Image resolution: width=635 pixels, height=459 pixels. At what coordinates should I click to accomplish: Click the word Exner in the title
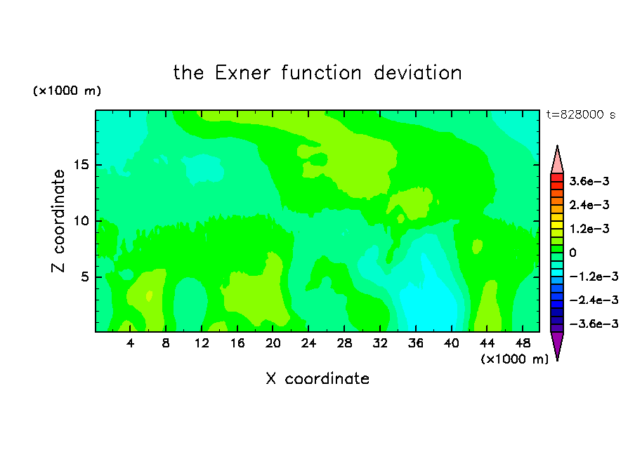(x=242, y=73)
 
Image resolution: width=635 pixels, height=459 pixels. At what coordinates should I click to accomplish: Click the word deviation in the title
(x=418, y=73)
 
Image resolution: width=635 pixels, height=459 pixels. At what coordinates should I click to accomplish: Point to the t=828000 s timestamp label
(x=581, y=114)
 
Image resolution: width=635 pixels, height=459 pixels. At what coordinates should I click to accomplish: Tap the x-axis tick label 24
(x=308, y=343)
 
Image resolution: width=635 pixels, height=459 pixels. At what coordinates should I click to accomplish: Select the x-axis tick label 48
(x=523, y=343)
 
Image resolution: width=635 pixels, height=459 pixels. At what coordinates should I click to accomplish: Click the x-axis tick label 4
(x=130, y=343)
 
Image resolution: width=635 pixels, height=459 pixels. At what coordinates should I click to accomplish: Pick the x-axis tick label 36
(x=416, y=343)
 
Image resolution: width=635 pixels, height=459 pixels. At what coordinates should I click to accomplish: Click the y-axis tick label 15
(x=81, y=165)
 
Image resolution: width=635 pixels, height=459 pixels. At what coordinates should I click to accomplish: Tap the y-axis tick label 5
(x=84, y=277)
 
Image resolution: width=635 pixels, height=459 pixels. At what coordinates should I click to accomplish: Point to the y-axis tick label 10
(x=81, y=221)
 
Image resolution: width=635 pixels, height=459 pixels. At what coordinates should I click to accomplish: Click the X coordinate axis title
(x=317, y=378)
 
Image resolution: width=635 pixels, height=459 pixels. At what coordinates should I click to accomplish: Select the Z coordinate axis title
(x=58, y=221)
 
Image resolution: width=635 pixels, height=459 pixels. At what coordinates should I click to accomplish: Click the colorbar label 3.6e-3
(x=589, y=181)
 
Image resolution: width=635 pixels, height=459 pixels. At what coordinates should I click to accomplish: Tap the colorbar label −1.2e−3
(x=594, y=277)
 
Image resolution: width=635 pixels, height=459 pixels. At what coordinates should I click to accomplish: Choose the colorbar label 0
(x=572, y=253)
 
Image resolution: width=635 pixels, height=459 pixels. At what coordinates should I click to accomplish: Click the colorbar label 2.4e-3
(x=589, y=205)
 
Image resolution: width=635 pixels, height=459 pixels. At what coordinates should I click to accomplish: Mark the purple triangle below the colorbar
(x=557, y=344)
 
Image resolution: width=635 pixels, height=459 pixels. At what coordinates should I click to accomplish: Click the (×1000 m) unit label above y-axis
(x=67, y=91)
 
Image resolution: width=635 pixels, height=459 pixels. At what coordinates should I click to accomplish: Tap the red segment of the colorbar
(x=557, y=178)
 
